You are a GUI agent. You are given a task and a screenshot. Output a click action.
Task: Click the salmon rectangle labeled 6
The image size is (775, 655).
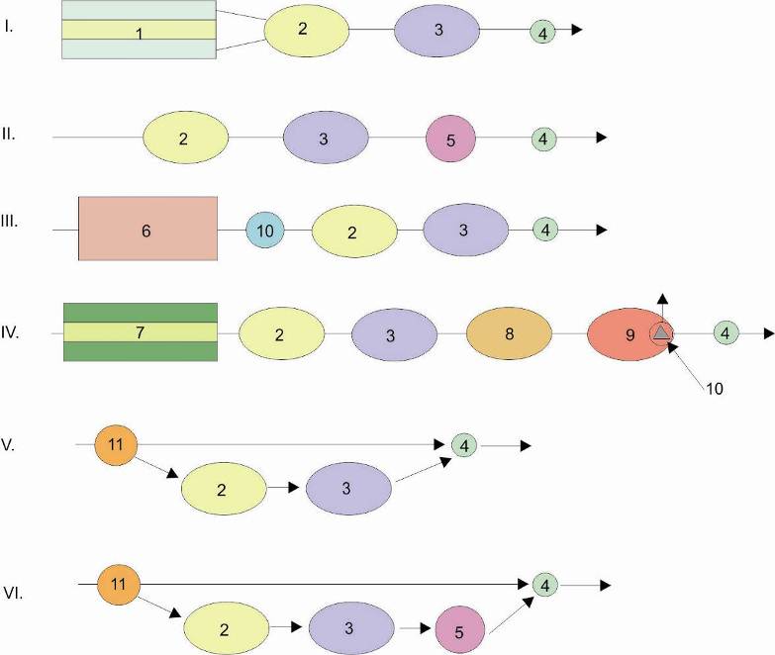click(x=147, y=229)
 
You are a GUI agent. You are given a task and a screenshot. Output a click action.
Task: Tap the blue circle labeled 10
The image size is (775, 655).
click(x=265, y=230)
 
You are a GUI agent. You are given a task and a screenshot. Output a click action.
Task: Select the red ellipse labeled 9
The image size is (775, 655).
click(x=628, y=334)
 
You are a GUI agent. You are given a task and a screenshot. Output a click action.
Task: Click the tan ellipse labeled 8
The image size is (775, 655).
click(x=509, y=333)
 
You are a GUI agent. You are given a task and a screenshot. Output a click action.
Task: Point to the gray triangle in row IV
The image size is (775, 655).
click(x=661, y=333)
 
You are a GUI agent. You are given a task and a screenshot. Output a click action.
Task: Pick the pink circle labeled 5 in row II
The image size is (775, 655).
click(x=450, y=139)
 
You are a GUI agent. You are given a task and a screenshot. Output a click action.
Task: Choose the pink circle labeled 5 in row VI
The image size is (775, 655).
click(x=459, y=630)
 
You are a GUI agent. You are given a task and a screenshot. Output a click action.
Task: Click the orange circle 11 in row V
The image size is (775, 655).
click(x=116, y=444)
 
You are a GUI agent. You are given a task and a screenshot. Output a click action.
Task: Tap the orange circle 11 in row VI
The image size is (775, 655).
click(x=119, y=585)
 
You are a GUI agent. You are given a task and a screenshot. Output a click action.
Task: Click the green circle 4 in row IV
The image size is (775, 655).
click(x=726, y=332)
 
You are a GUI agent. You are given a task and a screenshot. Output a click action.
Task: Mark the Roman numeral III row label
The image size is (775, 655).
click(x=9, y=222)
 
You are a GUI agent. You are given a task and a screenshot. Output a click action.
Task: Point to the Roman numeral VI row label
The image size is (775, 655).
click(x=13, y=594)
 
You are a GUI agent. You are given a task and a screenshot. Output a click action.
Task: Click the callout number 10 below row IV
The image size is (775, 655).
click(x=715, y=389)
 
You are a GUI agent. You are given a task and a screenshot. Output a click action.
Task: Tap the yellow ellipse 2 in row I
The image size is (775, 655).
click(x=307, y=31)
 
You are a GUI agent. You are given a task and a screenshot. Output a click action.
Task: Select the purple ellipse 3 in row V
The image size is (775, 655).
click(x=348, y=489)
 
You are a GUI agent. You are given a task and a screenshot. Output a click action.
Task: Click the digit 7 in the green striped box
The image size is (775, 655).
click(x=140, y=332)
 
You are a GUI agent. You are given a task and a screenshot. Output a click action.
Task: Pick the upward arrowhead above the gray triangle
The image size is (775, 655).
click(x=662, y=299)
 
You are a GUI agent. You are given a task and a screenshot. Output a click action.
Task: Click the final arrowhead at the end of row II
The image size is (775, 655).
click(x=602, y=138)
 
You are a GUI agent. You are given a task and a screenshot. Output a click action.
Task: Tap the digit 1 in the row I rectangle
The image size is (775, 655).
click(x=140, y=34)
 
